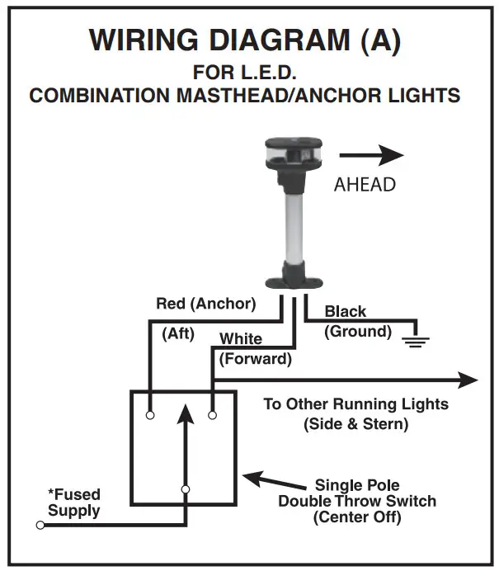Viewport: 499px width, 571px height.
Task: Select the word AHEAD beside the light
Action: tap(365, 184)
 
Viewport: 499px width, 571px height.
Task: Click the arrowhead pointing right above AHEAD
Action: tap(393, 154)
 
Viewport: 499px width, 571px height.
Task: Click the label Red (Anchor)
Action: tap(206, 304)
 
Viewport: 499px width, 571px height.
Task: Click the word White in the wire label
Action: tap(241, 339)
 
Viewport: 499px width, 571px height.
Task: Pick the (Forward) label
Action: tap(255, 359)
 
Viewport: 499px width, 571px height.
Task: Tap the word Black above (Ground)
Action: tap(346, 312)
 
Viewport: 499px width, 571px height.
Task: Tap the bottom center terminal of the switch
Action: tap(186, 489)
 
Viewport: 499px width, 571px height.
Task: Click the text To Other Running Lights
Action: tap(355, 404)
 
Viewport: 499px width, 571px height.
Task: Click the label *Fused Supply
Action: tap(74, 503)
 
